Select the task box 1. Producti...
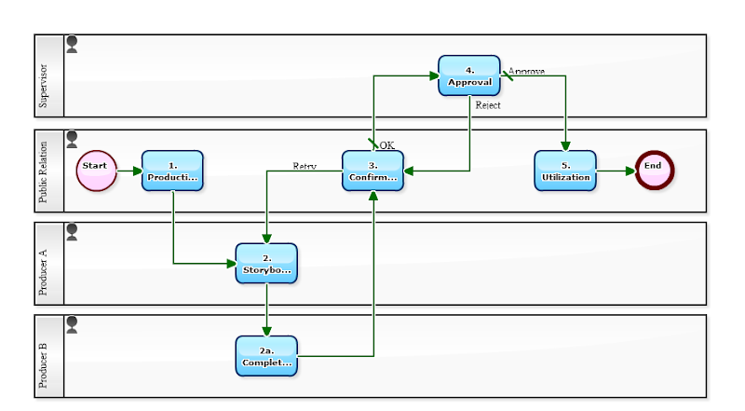[x=172, y=171]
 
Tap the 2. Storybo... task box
[x=266, y=264]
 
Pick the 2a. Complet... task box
[x=266, y=356]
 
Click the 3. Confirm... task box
[x=372, y=171]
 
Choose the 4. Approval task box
[x=469, y=75]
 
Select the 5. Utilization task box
[x=565, y=171]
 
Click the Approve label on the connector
[x=526, y=71]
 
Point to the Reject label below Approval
[x=488, y=105]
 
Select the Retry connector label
[x=305, y=166]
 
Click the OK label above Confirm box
[x=386, y=144]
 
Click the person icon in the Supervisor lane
[x=72, y=44]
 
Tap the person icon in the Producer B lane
[x=72, y=323]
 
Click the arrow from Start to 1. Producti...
[x=127, y=171]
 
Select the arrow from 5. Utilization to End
[x=616, y=171]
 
